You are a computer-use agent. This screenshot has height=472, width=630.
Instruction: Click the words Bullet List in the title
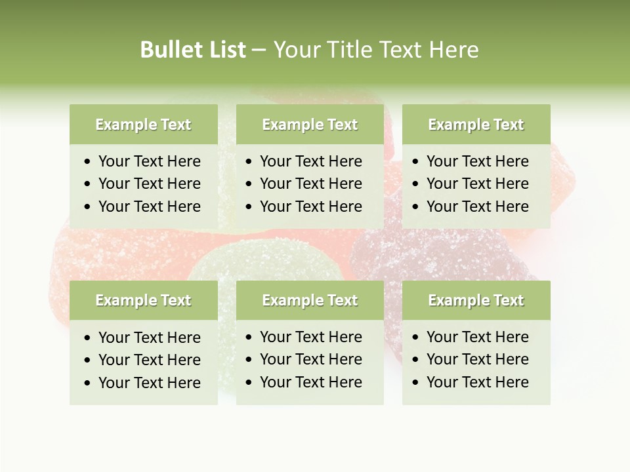pos(193,50)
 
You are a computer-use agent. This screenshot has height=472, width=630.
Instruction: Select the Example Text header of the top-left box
pos(143,125)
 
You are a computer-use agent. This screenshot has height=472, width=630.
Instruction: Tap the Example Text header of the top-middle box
pos(310,125)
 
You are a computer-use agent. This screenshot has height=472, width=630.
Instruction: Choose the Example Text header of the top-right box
pos(476,125)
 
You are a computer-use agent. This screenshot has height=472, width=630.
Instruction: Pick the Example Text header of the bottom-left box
pos(143,300)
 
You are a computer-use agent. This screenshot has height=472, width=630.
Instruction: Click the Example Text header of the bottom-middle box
pos(310,300)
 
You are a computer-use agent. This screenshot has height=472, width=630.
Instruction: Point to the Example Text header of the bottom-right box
pos(476,300)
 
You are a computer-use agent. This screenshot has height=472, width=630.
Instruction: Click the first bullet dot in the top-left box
pos(88,162)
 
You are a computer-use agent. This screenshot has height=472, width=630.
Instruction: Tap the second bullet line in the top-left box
pos(149,184)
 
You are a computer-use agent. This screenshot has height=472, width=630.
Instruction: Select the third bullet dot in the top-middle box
pos(249,206)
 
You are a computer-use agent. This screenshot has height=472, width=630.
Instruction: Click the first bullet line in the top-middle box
pos(310,161)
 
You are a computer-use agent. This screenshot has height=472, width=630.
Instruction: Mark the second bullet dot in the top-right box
pos(416,184)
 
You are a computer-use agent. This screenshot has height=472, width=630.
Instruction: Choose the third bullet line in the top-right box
pos(477,206)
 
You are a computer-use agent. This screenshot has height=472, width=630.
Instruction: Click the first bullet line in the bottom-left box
pos(149,338)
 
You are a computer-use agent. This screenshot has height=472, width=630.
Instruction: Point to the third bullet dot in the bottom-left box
pos(88,383)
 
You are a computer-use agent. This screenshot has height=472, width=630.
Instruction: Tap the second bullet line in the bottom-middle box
pos(310,359)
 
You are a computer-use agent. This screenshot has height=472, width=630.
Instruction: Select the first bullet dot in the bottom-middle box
pos(249,338)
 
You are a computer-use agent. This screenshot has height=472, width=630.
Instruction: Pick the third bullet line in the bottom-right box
pos(477,382)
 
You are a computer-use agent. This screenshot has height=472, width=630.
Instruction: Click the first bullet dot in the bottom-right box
pos(416,338)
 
